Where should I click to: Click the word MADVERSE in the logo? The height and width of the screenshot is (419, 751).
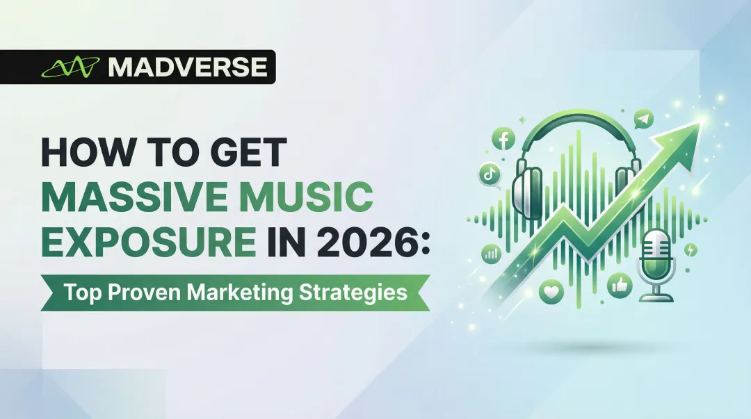[x=187, y=67]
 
